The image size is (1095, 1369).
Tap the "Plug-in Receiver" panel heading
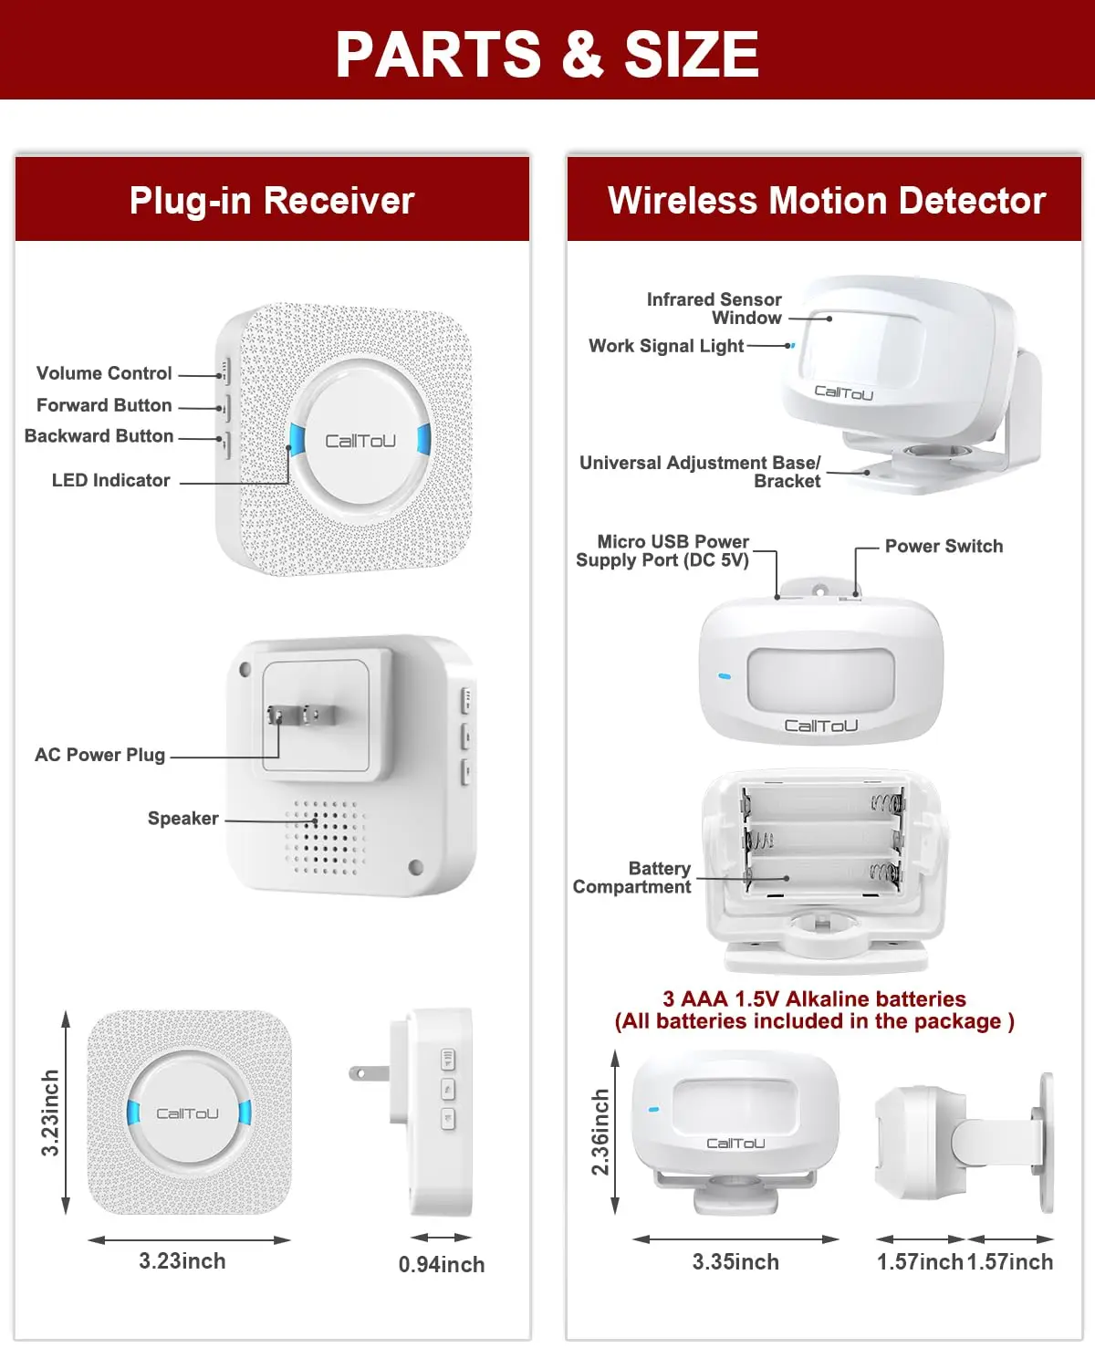coord(272,201)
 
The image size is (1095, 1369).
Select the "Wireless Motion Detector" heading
coord(826,201)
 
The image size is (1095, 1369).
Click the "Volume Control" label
coord(104,373)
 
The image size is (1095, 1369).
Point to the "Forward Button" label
coord(104,405)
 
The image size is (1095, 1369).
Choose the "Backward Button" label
coord(99,436)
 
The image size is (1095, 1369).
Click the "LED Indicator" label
coord(110,480)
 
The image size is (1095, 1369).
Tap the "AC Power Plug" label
coord(99,755)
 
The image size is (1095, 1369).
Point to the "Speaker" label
coord(182,819)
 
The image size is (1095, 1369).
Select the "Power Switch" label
coord(944,546)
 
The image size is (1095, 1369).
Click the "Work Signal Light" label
coord(666,346)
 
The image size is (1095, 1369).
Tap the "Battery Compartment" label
coord(631,878)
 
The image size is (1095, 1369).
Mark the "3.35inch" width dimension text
coord(735,1262)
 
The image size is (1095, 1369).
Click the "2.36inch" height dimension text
coord(600,1132)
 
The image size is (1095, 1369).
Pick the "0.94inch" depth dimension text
coord(442,1265)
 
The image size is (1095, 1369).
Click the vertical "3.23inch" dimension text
coord(50,1113)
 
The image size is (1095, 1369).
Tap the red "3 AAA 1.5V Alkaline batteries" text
coord(814,999)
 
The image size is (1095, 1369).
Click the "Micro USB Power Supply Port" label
coord(662,551)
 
